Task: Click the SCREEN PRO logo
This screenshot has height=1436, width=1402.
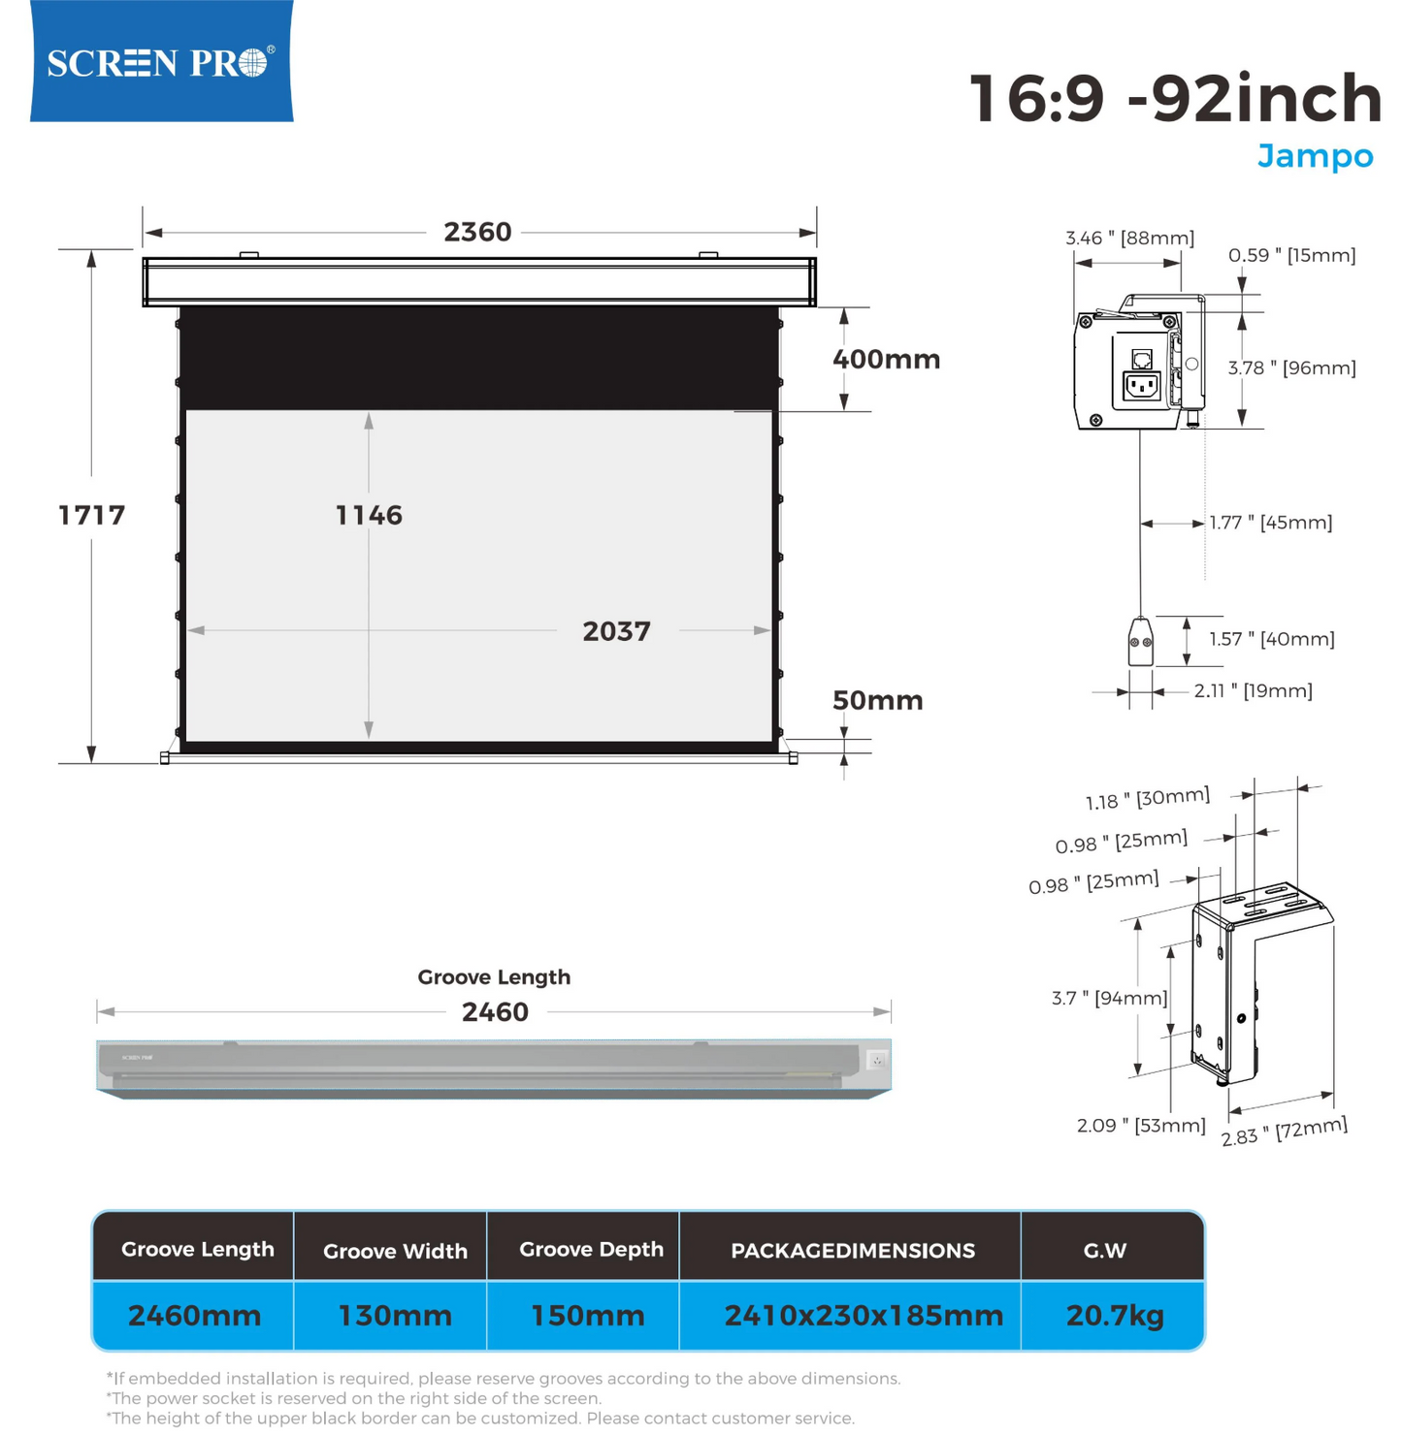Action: tap(161, 61)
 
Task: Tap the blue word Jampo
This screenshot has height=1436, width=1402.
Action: tap(1314, 157)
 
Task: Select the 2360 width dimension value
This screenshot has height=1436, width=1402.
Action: tap(477, 233)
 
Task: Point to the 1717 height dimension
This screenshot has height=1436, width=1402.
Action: tap(91, 515)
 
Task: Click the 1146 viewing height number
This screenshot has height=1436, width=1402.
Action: tap(369, 515)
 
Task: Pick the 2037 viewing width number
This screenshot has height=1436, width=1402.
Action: tap(616, 631)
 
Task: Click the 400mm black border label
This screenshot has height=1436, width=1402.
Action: tap(886, 360)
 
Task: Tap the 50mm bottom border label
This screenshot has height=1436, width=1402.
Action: tap(878, 700)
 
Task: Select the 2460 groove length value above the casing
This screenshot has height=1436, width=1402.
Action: tap(495, 1011)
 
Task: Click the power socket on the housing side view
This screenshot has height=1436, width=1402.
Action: tap(1141, 385)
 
